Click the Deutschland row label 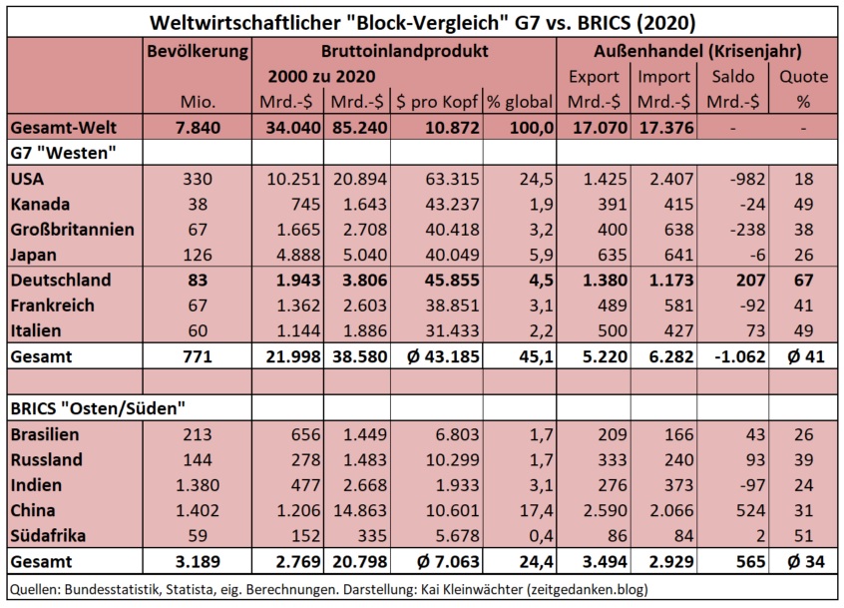click(60, 280)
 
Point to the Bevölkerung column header click(197, 50)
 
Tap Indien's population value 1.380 click(197, 484)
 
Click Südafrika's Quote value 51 click(803, 534)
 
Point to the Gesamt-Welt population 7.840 click(197, 127)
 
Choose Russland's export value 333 click(594, 459)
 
